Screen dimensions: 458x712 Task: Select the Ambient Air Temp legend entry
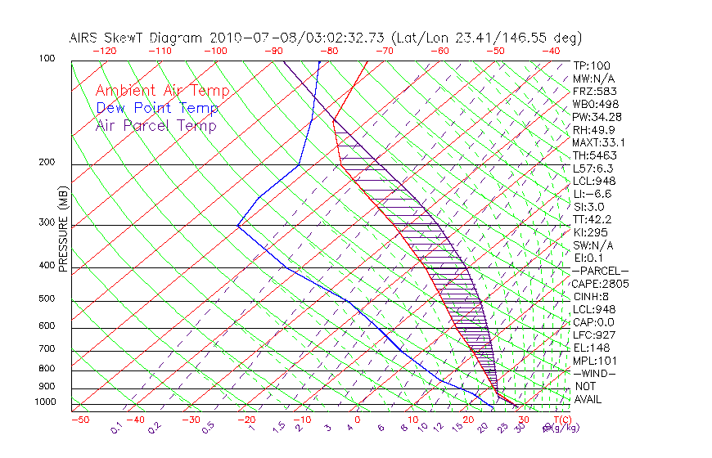coord(162,91)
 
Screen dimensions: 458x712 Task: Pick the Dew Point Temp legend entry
coord(157,108)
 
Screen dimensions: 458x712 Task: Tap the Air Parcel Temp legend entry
coord(155,125)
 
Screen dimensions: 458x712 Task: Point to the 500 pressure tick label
coord(47,299)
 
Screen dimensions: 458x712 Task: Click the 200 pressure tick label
coord(47,163)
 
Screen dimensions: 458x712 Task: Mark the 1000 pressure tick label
coord(44,402)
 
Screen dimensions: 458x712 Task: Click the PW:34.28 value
coord(597,117)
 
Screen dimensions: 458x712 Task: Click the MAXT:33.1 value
coord(598,142)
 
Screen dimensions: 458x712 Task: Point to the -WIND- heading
coord(593,373)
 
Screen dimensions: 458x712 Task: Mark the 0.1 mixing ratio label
coord(116,427)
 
